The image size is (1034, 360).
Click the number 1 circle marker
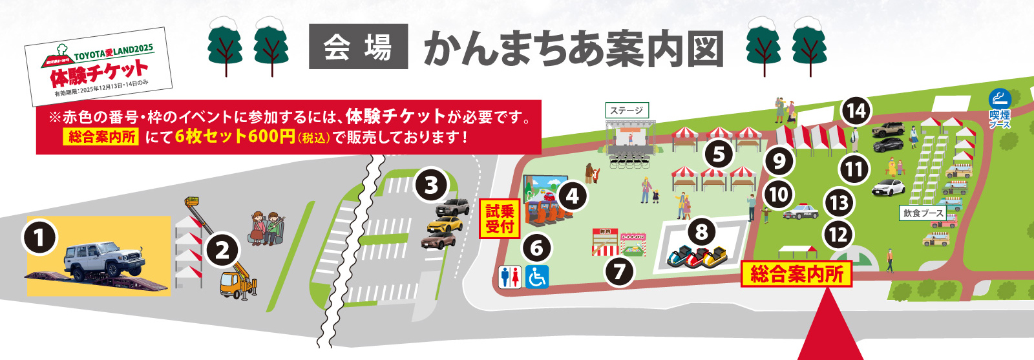(x=39, y=237)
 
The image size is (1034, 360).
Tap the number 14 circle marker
(x=856, y=111)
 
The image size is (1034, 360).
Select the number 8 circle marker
(x=702, y=231)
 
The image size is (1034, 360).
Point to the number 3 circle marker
(x=431, y=185)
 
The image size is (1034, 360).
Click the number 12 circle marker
(x=839, y=234)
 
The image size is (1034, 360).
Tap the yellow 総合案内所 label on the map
(x=796, y=275)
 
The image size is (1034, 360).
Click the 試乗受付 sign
(x=500, y=218)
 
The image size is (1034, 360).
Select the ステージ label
(x=626, y=111)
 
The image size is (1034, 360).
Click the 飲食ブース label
(x=923, y=213)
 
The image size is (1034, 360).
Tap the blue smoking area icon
(x=1000, y=99)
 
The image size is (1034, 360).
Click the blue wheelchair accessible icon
(x=536, y=277)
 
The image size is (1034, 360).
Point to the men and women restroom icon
(x=511, y=277)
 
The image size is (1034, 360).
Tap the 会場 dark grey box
(x=358, y=47)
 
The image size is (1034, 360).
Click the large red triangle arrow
(x=830, y=326)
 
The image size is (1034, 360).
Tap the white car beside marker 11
(x=890, y=187)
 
